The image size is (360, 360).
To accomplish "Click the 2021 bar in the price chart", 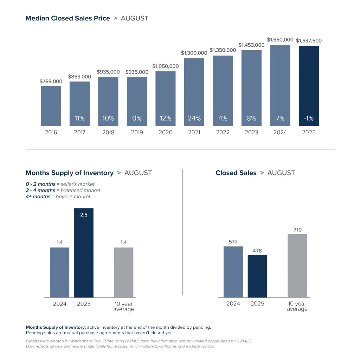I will click(x=194, y=92).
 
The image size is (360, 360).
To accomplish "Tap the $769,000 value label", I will click(x=51, y=82).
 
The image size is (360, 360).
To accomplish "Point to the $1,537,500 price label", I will click(x=309, y=41).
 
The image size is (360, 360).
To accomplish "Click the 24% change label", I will click(x=194, y=118).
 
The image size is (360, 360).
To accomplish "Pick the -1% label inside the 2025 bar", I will click(x=309, y=118).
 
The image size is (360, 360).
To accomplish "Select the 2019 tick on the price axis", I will click(x=137, y=133).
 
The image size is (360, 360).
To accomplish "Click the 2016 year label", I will click(x=51, y=133).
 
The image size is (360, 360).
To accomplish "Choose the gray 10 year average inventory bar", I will click(x=123, y=272).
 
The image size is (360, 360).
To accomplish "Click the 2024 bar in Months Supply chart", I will click(x=59, y=272).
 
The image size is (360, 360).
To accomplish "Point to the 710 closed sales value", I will click(x=297, y=230).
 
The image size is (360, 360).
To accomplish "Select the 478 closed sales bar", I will click(x=257, y=276).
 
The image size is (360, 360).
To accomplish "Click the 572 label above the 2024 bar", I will click(x=233, y=242).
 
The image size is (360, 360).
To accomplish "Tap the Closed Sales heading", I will click(x=236, y=173).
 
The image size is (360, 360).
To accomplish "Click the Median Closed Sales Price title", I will click(x=67, y=18).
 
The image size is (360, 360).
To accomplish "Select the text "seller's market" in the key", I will click(x=78, y=184).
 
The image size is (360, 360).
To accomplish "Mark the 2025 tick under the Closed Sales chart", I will click(x=257, y=304).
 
